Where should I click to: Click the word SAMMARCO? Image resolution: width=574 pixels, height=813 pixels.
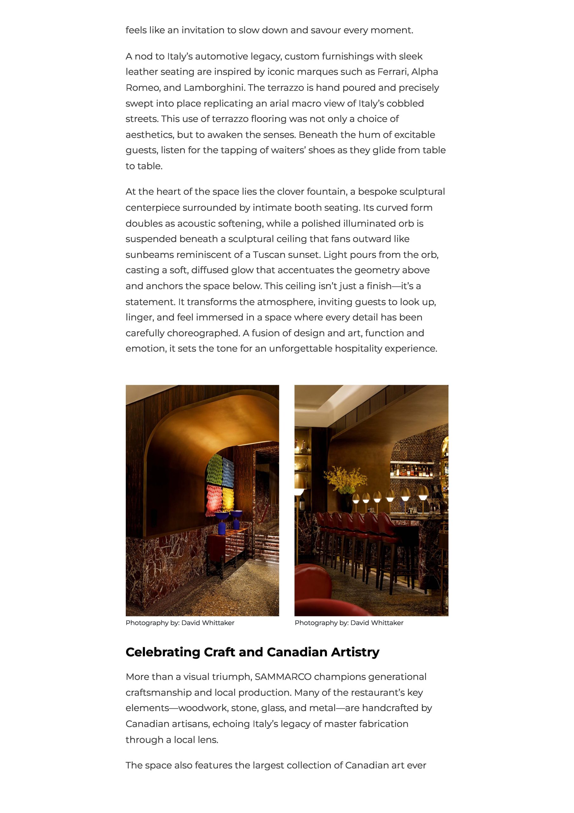283,677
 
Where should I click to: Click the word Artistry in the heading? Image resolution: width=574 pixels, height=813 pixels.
355,652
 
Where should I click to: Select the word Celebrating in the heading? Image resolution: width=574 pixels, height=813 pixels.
163,652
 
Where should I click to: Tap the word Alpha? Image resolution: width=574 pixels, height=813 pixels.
425,72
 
